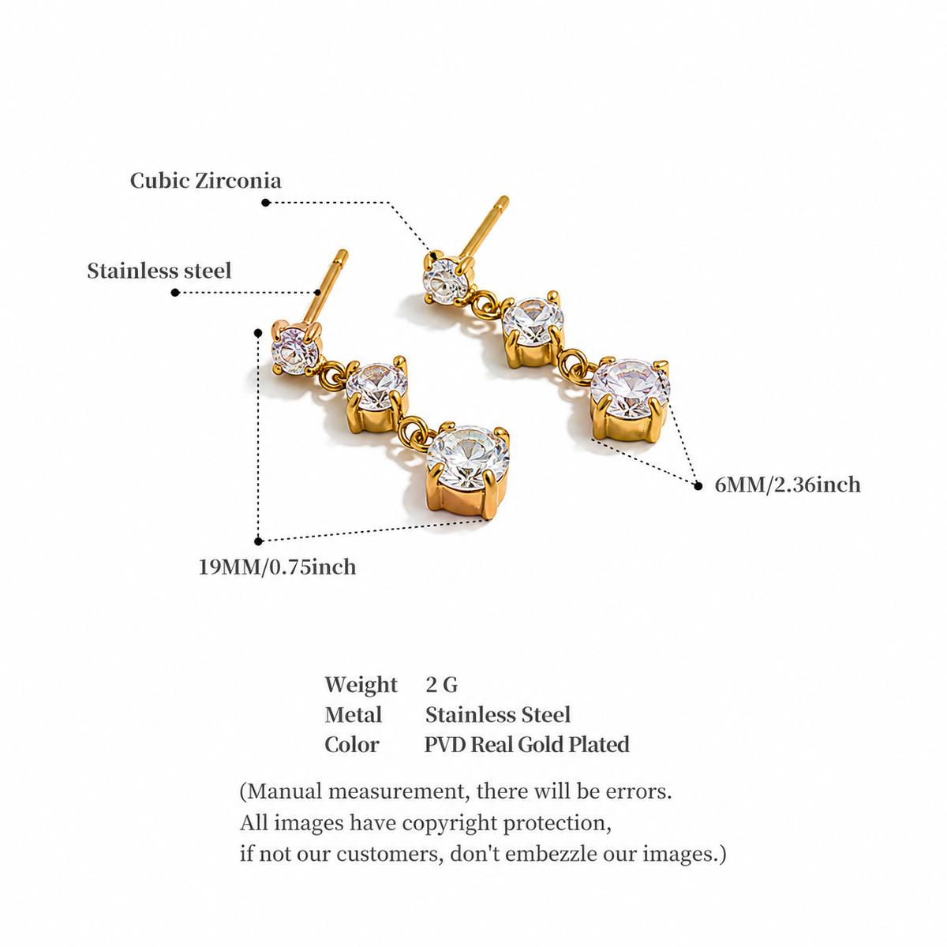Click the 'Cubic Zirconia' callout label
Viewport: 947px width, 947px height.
point(205,181)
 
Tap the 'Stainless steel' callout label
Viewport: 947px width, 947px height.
point(159,271)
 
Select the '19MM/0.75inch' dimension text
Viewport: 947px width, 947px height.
point(277,567)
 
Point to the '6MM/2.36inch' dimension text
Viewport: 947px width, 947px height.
point(788,485)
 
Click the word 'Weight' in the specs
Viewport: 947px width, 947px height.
point(361,684)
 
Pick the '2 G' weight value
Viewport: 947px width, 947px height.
point(442,684)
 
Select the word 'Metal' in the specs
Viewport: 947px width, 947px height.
point(354,714)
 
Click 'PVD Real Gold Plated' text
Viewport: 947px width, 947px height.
point(527,744)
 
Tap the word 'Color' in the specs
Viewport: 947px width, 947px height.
point(352,744)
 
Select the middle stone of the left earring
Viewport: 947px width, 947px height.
point(377,387)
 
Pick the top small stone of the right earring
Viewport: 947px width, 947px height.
point(447,280)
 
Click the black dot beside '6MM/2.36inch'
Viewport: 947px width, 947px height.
point(698,485)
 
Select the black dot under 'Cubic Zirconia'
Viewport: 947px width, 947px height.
point(265,203)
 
